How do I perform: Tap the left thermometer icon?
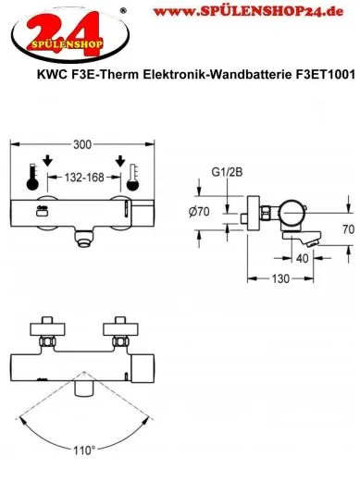tap(34, 177)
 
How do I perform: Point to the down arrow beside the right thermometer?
tap(120, 164)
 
